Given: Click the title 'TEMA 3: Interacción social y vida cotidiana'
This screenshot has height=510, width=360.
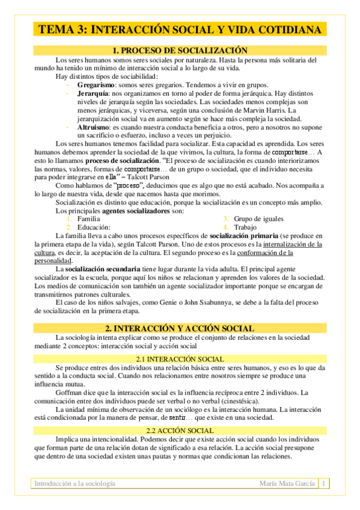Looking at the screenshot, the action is coord(180,29).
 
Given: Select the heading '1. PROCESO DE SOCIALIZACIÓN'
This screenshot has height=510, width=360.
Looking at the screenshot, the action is coord(180,51).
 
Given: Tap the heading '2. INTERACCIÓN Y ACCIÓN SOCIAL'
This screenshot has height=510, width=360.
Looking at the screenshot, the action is coord(180,328).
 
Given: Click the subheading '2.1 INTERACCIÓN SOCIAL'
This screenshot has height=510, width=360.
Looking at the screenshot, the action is coord(180,359).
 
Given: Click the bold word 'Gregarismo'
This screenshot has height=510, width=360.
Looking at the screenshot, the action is coord(95,85).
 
